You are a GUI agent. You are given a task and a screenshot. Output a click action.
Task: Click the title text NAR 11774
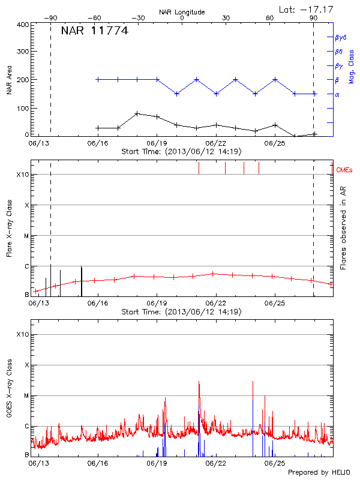95,31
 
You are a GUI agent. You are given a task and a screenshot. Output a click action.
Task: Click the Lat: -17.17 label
307,9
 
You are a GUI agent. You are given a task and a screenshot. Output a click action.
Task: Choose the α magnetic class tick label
337,94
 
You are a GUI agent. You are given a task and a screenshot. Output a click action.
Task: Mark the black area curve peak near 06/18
137,113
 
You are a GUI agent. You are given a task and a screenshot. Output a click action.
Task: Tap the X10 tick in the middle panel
23,175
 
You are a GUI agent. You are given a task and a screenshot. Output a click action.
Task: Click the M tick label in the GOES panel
26,396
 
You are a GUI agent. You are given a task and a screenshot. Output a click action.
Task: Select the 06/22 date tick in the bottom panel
215,464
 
